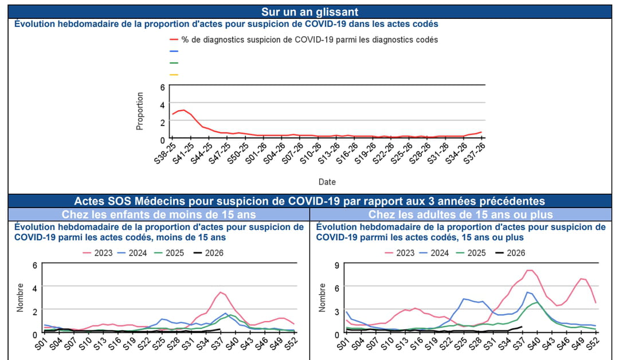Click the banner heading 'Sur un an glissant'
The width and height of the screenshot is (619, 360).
(309, 12)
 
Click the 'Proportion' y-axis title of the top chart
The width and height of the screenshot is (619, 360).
(140, 111)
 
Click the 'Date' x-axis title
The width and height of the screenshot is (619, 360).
(327, 182)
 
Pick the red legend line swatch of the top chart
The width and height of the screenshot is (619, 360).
(174, 40)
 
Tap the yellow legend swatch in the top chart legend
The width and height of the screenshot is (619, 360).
(174, 75)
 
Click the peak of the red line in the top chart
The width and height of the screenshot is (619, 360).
(183, 110)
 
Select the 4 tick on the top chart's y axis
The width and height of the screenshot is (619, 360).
(162, 105)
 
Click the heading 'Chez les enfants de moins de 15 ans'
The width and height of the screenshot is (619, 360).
(159, 214)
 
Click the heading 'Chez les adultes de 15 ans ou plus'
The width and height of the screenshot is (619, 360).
(461, 214)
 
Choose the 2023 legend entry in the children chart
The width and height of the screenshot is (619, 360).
(97, 253)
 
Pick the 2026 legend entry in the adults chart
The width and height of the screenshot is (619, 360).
(510, 253)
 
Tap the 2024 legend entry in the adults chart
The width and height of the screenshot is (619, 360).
(434, 253)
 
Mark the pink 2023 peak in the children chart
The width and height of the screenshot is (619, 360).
(221, 292)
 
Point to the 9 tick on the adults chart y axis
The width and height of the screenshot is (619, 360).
(337, 265)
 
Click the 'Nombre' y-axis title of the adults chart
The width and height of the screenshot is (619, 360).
(323, 298)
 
